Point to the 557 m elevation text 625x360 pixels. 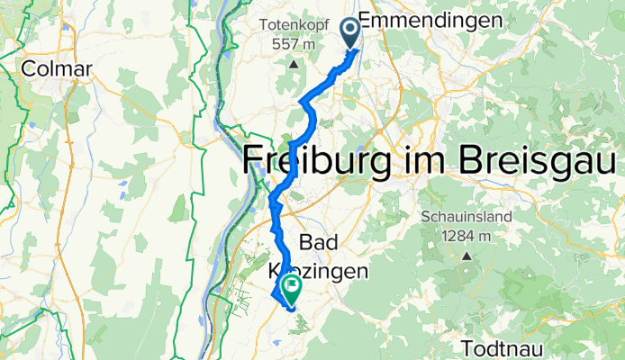click(294, 45)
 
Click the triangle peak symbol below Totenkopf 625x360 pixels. click(294, 64)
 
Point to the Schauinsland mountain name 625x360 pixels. click(466, 217)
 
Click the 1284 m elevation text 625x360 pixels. click(466, 236)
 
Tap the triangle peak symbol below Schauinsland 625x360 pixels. click(466, 256)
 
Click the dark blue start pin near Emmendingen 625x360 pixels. click(349, 33)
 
